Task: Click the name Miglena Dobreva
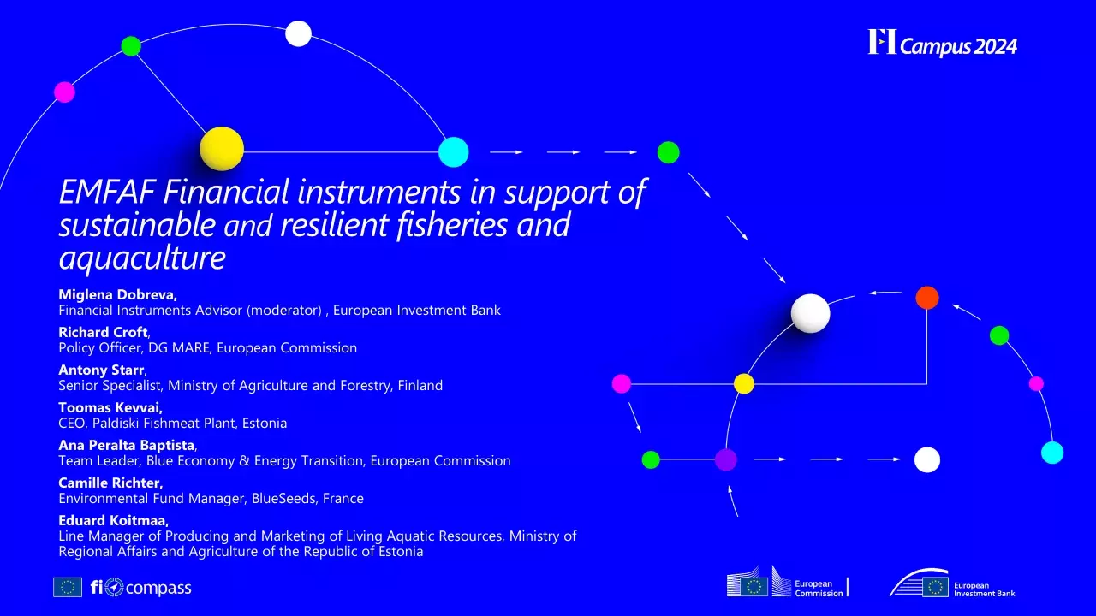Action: (x=116, y=294)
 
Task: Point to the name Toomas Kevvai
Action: (x=110, y=407)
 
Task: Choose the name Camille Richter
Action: (x=110, y=483)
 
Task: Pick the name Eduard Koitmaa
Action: (x=113, y=520)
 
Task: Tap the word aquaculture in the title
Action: (x=142, y=257)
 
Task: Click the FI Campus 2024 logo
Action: (x=942, y=43)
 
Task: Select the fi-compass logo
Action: (x=140, y=588)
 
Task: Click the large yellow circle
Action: (x=222, y=149)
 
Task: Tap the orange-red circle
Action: (x=927, y=298)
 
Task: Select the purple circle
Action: (x=726, y=459)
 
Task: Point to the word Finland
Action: (x=422, y=385)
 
